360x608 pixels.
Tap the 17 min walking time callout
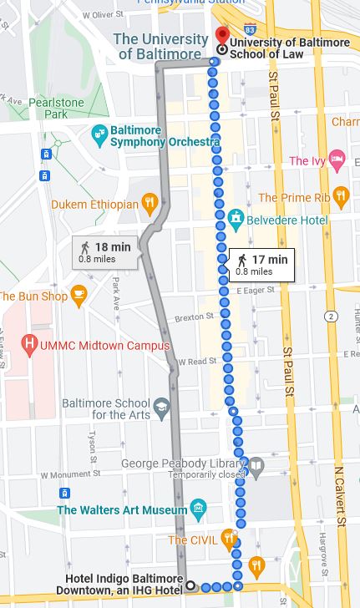tap(261, 264)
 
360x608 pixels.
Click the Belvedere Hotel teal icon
tap(236, 220)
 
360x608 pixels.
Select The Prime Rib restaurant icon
tap(339, 197)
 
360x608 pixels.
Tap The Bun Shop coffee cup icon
tap(79, 296)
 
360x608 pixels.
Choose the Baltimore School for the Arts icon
tap(161, 407)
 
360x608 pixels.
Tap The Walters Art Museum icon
tap(198, 509)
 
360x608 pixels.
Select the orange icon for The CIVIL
tap(229, 539)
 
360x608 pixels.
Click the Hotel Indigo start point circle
tap(190, 585)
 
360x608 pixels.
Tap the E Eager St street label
tap(256, 291)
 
